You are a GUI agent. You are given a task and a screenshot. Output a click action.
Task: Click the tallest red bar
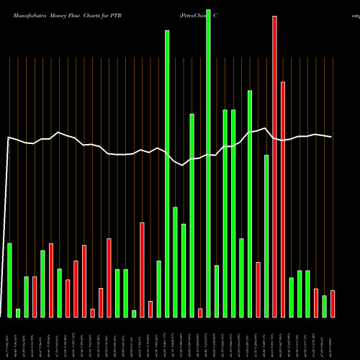[x=275, y=166]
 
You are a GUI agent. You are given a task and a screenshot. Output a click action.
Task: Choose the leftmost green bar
[x=10, y=280]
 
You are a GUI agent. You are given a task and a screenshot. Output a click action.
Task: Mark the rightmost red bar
[x=333, y=303]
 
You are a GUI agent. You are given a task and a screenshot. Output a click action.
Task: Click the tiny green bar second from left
[x=18, y=312]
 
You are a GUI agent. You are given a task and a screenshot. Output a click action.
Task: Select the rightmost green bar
[x=325, y=306]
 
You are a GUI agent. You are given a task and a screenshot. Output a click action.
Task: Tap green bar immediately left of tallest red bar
[x=266, y=235]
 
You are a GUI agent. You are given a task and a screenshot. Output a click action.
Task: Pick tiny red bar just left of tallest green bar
[x=200, y=312]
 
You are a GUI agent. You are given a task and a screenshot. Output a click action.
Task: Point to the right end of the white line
[x=332, y=137]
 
